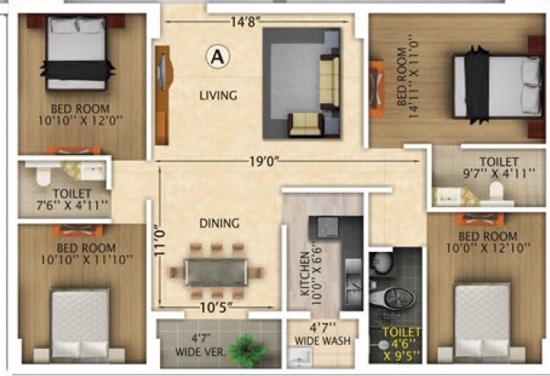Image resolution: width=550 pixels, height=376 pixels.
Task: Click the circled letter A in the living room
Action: (216, 57)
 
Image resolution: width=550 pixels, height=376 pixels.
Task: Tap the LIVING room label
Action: (217, 95)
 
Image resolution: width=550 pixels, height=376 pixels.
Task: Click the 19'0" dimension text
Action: (263, 161)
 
